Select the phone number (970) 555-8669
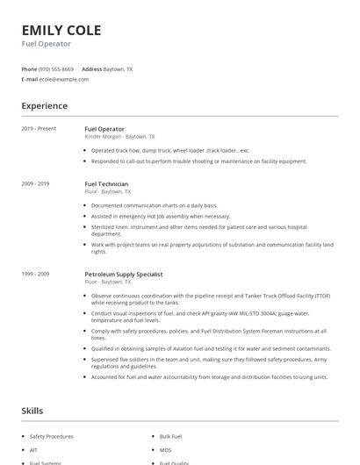57,68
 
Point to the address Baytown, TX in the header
118,68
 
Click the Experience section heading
44,106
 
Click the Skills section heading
32,411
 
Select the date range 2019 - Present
39,129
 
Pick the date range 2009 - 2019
35,183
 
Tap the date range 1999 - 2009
35,274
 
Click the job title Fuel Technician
107,183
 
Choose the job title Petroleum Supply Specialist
123,274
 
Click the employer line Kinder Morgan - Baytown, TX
119,137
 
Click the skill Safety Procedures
52,436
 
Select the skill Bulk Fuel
170,436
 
